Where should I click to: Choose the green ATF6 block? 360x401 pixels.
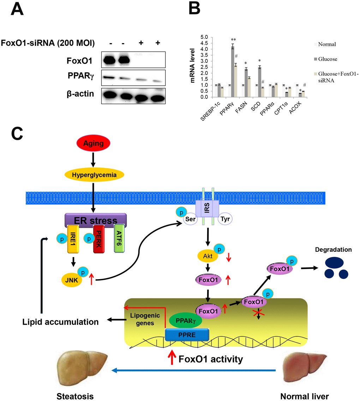pos(120,240)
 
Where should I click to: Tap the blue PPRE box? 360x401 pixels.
pos(187,334)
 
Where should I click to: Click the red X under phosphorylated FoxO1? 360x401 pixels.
pos(260,313)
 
